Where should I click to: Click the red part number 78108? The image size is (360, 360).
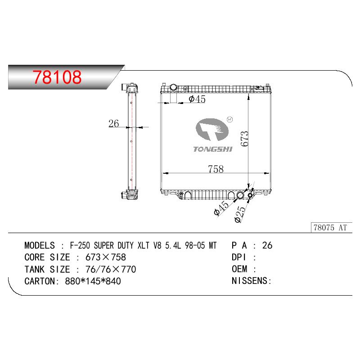[x=57, y=77]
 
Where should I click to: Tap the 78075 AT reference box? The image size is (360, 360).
[x=332, y=228]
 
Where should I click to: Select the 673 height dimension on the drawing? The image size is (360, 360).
[x=245, y=139]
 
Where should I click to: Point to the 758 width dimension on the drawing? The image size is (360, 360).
[x=216, y=169]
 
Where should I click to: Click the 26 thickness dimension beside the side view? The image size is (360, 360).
[x=114, y=123]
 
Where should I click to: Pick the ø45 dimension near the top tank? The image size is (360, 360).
[x=197, y=99]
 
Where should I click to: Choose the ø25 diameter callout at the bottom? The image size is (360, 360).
[x=240, y=214]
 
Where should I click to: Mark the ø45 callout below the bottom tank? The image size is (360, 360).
[x=221, y=208]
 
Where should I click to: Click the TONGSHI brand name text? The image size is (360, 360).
[x=213, y=149]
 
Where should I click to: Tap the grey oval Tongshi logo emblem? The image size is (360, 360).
[x=212, y=130]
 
